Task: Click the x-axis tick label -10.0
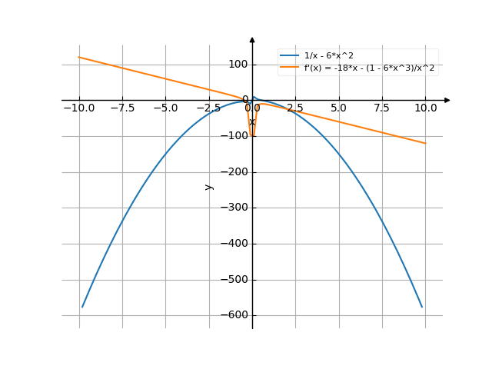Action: click(79, 108)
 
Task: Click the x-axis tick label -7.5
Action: click(122, 108)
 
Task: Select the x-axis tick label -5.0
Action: click(165, 108)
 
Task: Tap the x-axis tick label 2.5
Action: click(295, 108)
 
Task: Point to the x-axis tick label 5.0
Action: click(338, 108)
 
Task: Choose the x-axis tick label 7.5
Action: click(381, 108)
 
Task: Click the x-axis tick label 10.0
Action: click(424, 108)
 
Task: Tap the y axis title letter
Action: click(208, 186)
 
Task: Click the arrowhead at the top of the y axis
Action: click(252, 39)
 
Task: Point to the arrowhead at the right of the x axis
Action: click(447, 100)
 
